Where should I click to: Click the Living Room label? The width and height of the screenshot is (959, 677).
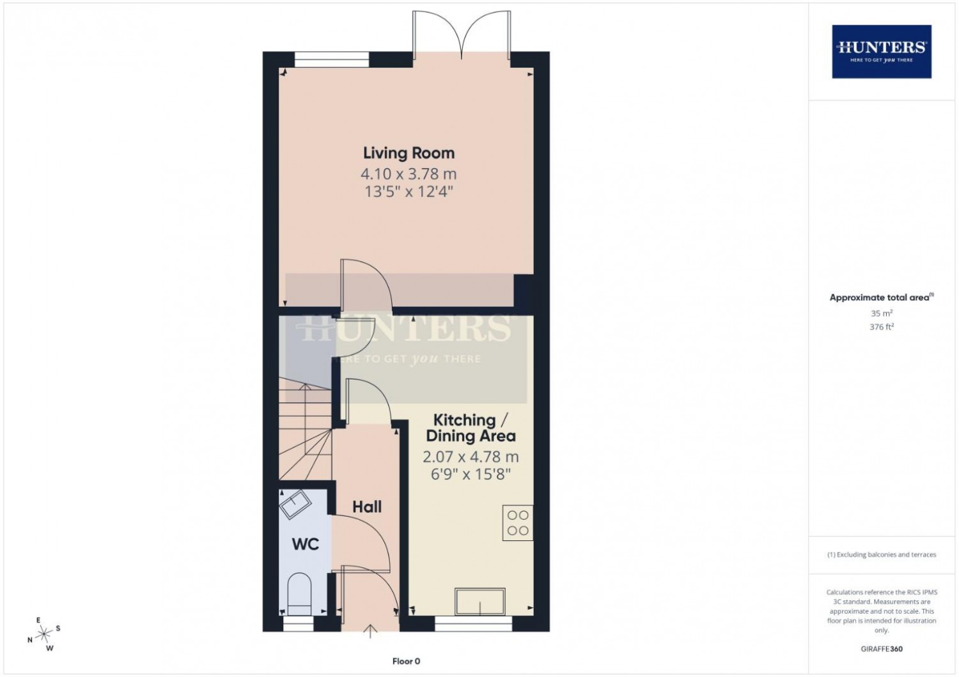pos(409,153)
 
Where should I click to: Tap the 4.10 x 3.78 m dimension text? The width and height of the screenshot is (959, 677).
pos(409,174)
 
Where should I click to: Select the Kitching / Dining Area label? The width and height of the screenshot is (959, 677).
pos(471,428)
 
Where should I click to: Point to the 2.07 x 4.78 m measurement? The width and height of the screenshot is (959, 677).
pos(471,457)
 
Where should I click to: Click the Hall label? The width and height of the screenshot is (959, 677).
pos(367,506)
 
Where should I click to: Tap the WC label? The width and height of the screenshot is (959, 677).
pos(305,544)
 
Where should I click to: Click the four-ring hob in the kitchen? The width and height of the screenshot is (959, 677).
pos(518,522)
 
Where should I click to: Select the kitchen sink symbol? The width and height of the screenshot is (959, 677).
pos(480,602)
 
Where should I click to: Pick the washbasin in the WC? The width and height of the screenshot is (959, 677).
pos(295,505)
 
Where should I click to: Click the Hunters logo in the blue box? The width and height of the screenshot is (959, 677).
pos(882,52)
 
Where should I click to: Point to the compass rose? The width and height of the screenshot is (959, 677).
pos(43,634)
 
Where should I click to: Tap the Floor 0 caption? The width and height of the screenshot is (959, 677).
pos(406,661)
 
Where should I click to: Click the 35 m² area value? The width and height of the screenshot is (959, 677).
pos(882,313)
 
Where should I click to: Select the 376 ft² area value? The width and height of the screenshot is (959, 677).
pos(882,327)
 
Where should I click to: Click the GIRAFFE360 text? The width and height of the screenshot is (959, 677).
pos(882,649)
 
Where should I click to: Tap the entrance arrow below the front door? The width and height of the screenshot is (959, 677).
pos(370,632)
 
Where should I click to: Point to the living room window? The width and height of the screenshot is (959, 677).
pos(332,59)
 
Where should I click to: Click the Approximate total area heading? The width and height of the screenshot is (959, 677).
pos(882,297)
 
